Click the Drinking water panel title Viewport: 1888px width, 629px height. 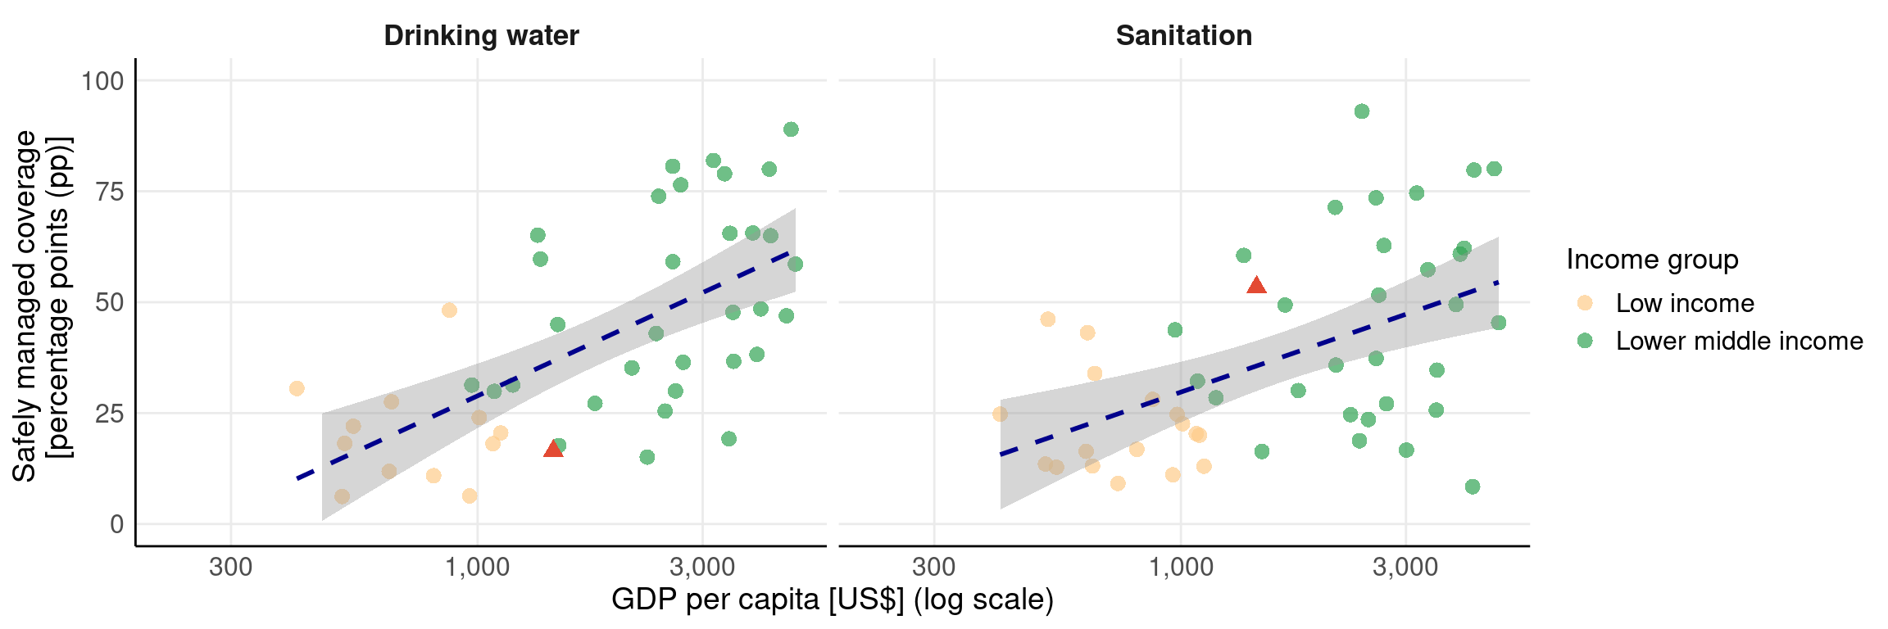481,36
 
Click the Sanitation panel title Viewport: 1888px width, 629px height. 1183,36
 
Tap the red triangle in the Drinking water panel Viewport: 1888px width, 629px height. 554,448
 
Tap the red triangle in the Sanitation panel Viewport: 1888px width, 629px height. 1256,285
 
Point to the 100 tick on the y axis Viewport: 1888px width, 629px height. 102,81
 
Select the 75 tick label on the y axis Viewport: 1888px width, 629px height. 110,192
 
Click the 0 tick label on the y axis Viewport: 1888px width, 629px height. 117,524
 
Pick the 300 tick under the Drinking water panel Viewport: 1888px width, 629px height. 230,567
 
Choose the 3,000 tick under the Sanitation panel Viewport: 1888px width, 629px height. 1405,567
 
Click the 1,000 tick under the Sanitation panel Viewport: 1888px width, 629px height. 1180,567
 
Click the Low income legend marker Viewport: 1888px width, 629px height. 1585,303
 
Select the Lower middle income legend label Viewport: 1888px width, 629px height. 1739,341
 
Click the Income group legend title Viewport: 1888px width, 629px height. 1652,260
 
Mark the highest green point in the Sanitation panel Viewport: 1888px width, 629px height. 1362,111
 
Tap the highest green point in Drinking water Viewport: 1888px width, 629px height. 791,129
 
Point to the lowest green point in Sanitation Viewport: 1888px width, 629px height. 1473,486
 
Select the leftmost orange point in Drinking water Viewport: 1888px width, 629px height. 297,388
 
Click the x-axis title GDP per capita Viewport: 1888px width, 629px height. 832,600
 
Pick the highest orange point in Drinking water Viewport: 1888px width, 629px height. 449,310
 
